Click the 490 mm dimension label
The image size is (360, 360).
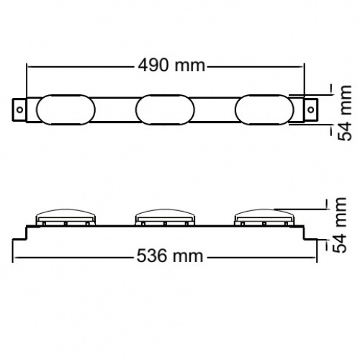172,66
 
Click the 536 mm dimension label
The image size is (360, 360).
170,256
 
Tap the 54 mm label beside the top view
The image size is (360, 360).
345,113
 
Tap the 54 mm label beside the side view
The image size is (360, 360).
340,225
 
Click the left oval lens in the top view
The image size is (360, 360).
66,109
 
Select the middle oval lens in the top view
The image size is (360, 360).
165,109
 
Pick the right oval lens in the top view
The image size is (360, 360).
264,109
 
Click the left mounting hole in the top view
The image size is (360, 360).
20,110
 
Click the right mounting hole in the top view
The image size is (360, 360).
311,110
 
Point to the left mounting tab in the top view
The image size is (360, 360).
19,109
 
